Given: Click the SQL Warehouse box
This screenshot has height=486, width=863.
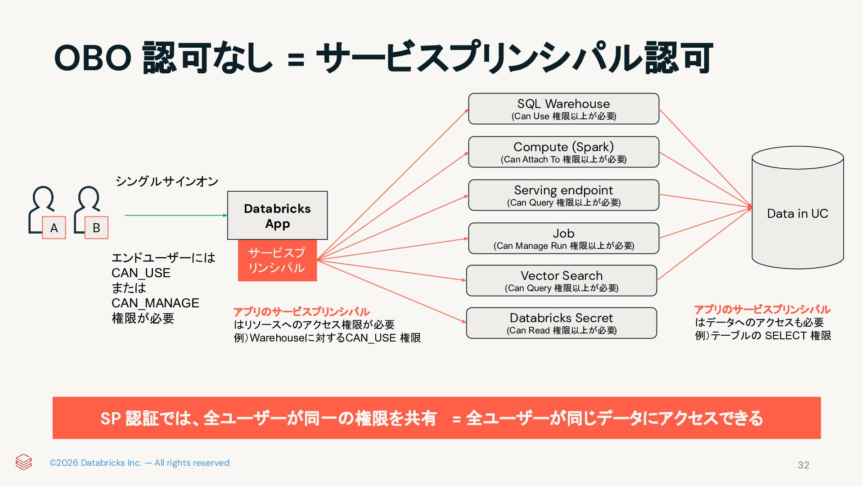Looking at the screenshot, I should click(563, 109).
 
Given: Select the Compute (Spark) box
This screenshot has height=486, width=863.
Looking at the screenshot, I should click(563, 152).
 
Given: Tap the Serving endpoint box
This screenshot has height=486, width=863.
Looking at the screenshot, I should click(563, 195).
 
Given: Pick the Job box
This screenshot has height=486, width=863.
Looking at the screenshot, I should click(563, 238).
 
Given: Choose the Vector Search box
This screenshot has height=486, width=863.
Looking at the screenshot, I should click(561, 281).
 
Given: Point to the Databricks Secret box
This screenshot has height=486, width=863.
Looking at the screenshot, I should click(561, 323).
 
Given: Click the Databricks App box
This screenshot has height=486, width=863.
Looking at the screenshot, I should click(277, 216).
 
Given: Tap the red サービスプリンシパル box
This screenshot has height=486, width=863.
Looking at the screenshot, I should click(277, 260).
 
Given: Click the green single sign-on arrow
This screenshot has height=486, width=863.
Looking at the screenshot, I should click(175, 216).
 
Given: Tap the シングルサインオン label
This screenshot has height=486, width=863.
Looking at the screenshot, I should click(167, 181).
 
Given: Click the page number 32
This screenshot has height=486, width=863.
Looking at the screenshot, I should click(803, 465).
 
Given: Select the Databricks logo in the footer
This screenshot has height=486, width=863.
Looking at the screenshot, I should click(23, 462).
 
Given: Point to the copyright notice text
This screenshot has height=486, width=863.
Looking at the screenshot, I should click(139, 463).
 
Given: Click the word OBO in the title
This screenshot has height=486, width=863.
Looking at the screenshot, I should click(93, 58).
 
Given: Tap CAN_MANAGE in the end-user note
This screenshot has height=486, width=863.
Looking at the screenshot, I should click(155, 303).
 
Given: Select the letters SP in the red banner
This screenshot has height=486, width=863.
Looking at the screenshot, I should click(110, 418).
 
